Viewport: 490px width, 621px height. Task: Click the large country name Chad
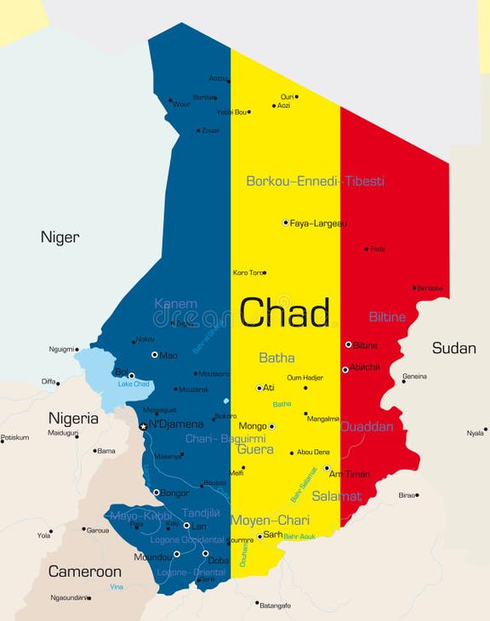pos(284,313)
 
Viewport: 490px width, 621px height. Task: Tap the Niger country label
pos(60,237)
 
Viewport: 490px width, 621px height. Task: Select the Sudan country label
pos(453,347)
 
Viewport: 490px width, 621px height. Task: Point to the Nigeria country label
pos(73,418)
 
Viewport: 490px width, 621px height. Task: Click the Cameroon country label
pos(84,571)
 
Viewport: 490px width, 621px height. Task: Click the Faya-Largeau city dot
pos(286,222)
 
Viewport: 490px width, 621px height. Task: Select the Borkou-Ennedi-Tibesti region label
pos(315,181)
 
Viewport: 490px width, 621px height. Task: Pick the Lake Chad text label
pos(134,385)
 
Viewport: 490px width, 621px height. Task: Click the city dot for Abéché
pos(345,369)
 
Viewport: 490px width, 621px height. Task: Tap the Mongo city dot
pos(271,426)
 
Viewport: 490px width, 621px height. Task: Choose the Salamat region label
pos(336,496)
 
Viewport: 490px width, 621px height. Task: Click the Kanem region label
pos(175,304)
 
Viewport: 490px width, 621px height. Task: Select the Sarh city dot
pos(259,537)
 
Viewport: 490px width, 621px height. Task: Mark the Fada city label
pos(378,249)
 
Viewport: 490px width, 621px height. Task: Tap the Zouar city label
pos(210,130)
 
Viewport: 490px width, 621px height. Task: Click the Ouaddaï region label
pos(367,427)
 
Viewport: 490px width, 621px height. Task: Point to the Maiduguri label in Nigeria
pos(62,432)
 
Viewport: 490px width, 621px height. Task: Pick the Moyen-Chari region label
pos(271,520)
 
